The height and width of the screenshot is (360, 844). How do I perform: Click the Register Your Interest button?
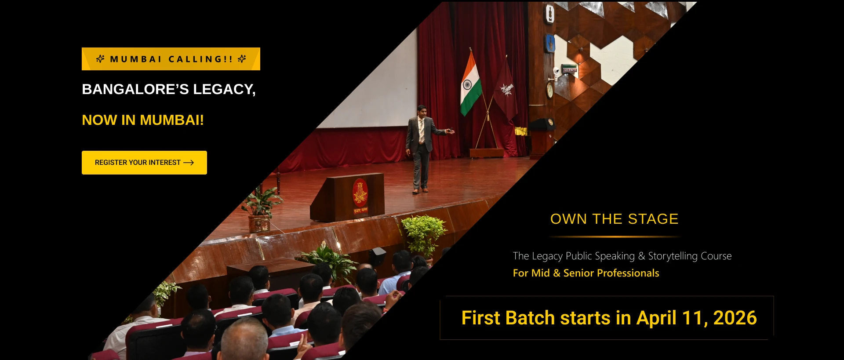pyautogui.click(x=144, y=163)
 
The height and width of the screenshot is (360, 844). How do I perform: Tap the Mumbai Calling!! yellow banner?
pyautogui.click(x=171, y=59)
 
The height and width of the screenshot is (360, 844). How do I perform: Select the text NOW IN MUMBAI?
pyautogui.click(x=143, y=120)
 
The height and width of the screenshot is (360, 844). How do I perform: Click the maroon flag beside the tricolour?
pyautogui.click(x=506, y=90)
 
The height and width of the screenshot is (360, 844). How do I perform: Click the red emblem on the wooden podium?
pyautogui.click(x=360, y=193)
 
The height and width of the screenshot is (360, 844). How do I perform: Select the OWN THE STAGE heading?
pyautogui.click(x=615, y=219)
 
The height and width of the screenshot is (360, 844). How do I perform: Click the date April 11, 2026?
pyautogui.click(x=697, y=318)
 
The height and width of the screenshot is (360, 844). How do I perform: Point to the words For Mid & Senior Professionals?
pyautogui.click(x=586, y=273)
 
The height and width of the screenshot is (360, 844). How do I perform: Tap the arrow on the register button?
pyautogui.click(x=189, y=163)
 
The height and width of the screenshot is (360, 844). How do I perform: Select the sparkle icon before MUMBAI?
pyautogui.click(x=100, y=59)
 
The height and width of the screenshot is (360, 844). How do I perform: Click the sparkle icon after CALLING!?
pyautogui.click(x=242, y=59)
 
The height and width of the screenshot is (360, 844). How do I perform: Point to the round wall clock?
pyautogui.click(x=549, y=90)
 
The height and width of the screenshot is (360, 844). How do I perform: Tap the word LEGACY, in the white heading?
pyautogui.click(x=224, y=90)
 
